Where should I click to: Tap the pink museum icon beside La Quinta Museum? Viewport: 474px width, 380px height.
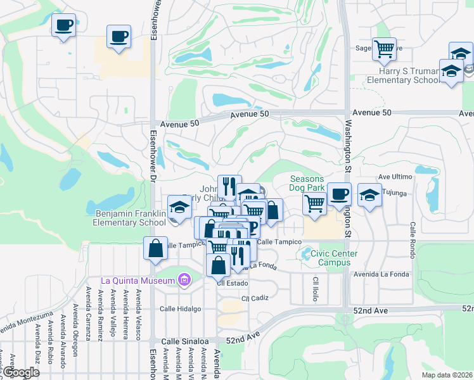click(184, 279)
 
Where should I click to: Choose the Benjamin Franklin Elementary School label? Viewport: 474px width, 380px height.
click(131, 218)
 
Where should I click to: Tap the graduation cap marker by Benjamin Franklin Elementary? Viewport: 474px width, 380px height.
click(179, 206)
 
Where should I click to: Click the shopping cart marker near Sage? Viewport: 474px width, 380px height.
click(384, 49)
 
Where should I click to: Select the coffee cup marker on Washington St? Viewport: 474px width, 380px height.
click(339, 193)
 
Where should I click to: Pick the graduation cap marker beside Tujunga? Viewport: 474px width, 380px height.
click(369, 194)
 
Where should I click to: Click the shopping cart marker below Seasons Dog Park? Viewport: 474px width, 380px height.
click(314, 203)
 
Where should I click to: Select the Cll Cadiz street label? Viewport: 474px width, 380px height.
click(255, 298)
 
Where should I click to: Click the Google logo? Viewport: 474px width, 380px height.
click(21, 373)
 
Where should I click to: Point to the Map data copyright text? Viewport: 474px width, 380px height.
click(447, 375)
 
